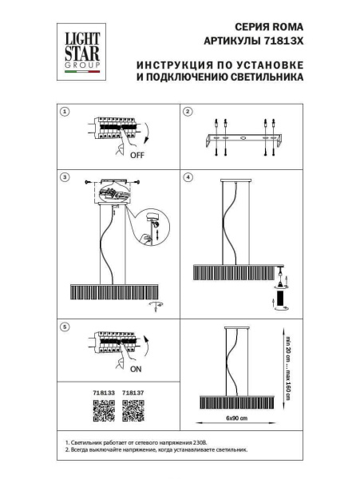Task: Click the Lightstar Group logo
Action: [x=82, y=49]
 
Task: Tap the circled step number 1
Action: [x=66, y=113]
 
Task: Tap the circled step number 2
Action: [x=187, y=113]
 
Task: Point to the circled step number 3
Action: [x=66, y=176]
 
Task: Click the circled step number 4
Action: [x=187, y=176]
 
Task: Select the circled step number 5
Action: [x=66, y=327]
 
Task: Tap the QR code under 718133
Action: [x=105, y=410]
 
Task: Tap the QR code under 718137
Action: [x=133, y=410]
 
